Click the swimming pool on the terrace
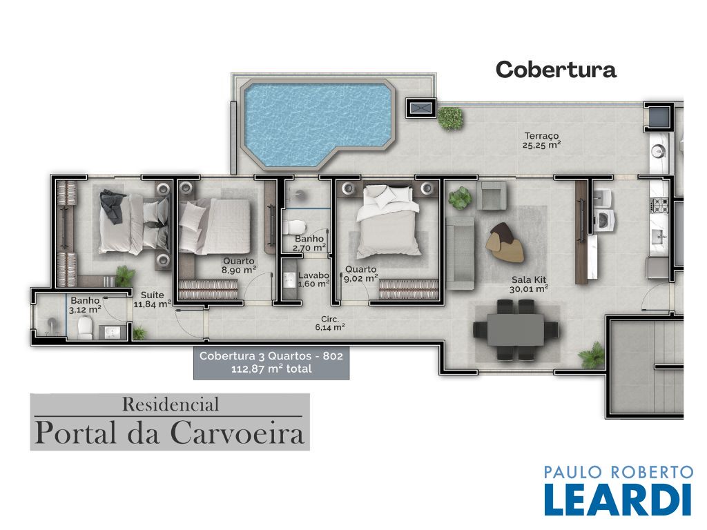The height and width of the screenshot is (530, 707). (318, 121)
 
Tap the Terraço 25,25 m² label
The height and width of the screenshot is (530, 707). (541, 140)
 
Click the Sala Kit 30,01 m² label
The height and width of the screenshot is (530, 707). (529, 284)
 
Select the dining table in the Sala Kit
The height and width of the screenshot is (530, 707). (515, 329)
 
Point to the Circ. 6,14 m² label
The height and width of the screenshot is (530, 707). (330, 323)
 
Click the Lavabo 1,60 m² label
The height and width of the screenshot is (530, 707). (314, 279)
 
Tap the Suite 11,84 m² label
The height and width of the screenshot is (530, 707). (153, 300)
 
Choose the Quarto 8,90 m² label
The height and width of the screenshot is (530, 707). (239, 266)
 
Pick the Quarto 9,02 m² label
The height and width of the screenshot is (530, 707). (360, 273)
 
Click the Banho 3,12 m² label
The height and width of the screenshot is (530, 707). (85, 304)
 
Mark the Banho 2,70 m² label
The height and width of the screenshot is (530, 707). (309, 243)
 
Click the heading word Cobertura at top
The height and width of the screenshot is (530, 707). (556, 70)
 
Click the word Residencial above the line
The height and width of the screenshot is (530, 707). (171, 404)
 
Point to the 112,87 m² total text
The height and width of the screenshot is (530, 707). (271, 369)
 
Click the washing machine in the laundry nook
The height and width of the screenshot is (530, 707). (603, 220)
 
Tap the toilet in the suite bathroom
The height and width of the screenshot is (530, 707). (85, 327)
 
